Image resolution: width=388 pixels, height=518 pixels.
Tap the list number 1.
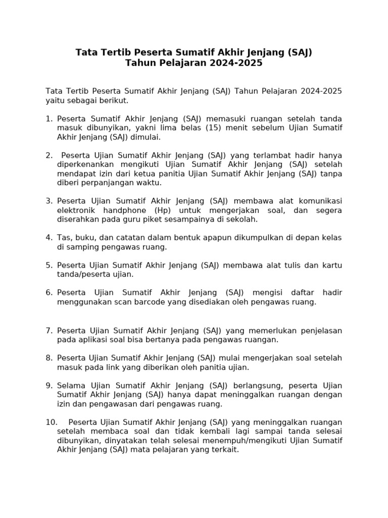[48, 119]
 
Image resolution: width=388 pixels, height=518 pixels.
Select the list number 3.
[48, 201]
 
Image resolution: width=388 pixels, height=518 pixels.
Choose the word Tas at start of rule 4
[64, 238]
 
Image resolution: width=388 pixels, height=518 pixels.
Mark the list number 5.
[48, 265]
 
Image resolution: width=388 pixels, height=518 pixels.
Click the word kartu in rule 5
[331, 265]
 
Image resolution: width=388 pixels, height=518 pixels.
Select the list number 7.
[48, 330]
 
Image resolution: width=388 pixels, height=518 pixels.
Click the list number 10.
[51, 422]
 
